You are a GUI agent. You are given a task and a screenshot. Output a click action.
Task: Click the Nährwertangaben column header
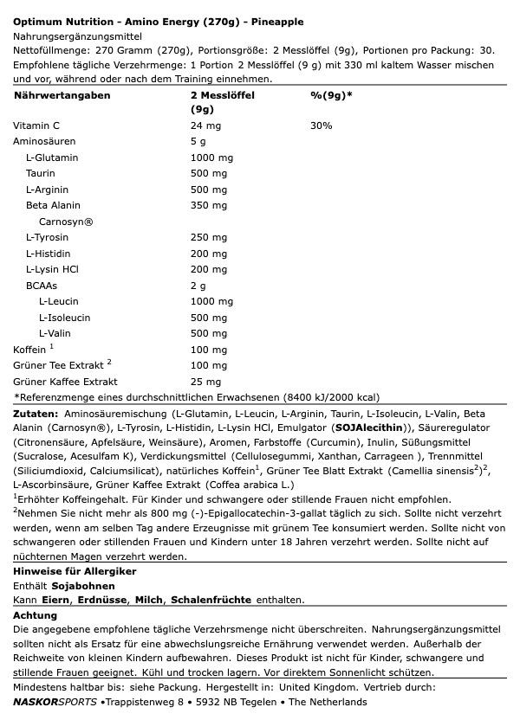click(x=62, y=95)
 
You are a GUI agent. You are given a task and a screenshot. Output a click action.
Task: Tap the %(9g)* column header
click(x=331, y=95)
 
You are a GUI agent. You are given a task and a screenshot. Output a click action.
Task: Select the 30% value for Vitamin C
click(x=321, y=126)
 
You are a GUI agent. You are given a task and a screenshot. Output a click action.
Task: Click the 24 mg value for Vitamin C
click(x=205, y=126)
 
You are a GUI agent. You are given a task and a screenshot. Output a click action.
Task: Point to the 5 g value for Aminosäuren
click(x=198, y=142)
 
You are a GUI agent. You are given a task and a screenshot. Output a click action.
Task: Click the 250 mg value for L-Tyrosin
click(x=209, y=238)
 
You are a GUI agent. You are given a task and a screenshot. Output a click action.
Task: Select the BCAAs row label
click(x=42, y=286)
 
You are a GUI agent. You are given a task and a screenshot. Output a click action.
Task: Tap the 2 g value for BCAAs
click(x=198, y=286)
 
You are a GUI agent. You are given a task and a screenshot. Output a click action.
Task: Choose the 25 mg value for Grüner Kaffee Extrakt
click(x=205, y=382)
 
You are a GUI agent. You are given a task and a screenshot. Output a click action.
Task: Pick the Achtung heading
click(x=35, y=616)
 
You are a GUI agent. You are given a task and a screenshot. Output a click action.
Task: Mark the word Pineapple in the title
click(x=275, y=22)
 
